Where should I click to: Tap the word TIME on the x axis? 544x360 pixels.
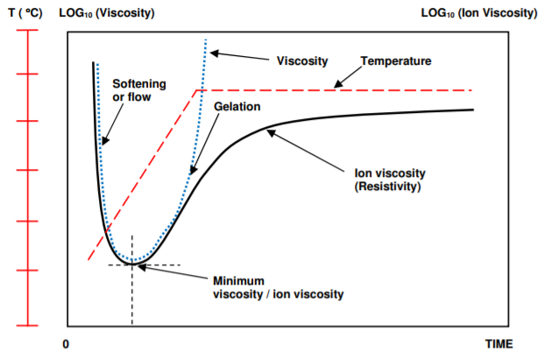499,343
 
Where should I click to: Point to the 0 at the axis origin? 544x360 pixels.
67,343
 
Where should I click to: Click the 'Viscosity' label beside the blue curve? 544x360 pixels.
302,61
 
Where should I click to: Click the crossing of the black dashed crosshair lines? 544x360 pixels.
132,265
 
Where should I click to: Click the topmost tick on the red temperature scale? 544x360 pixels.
29,32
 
